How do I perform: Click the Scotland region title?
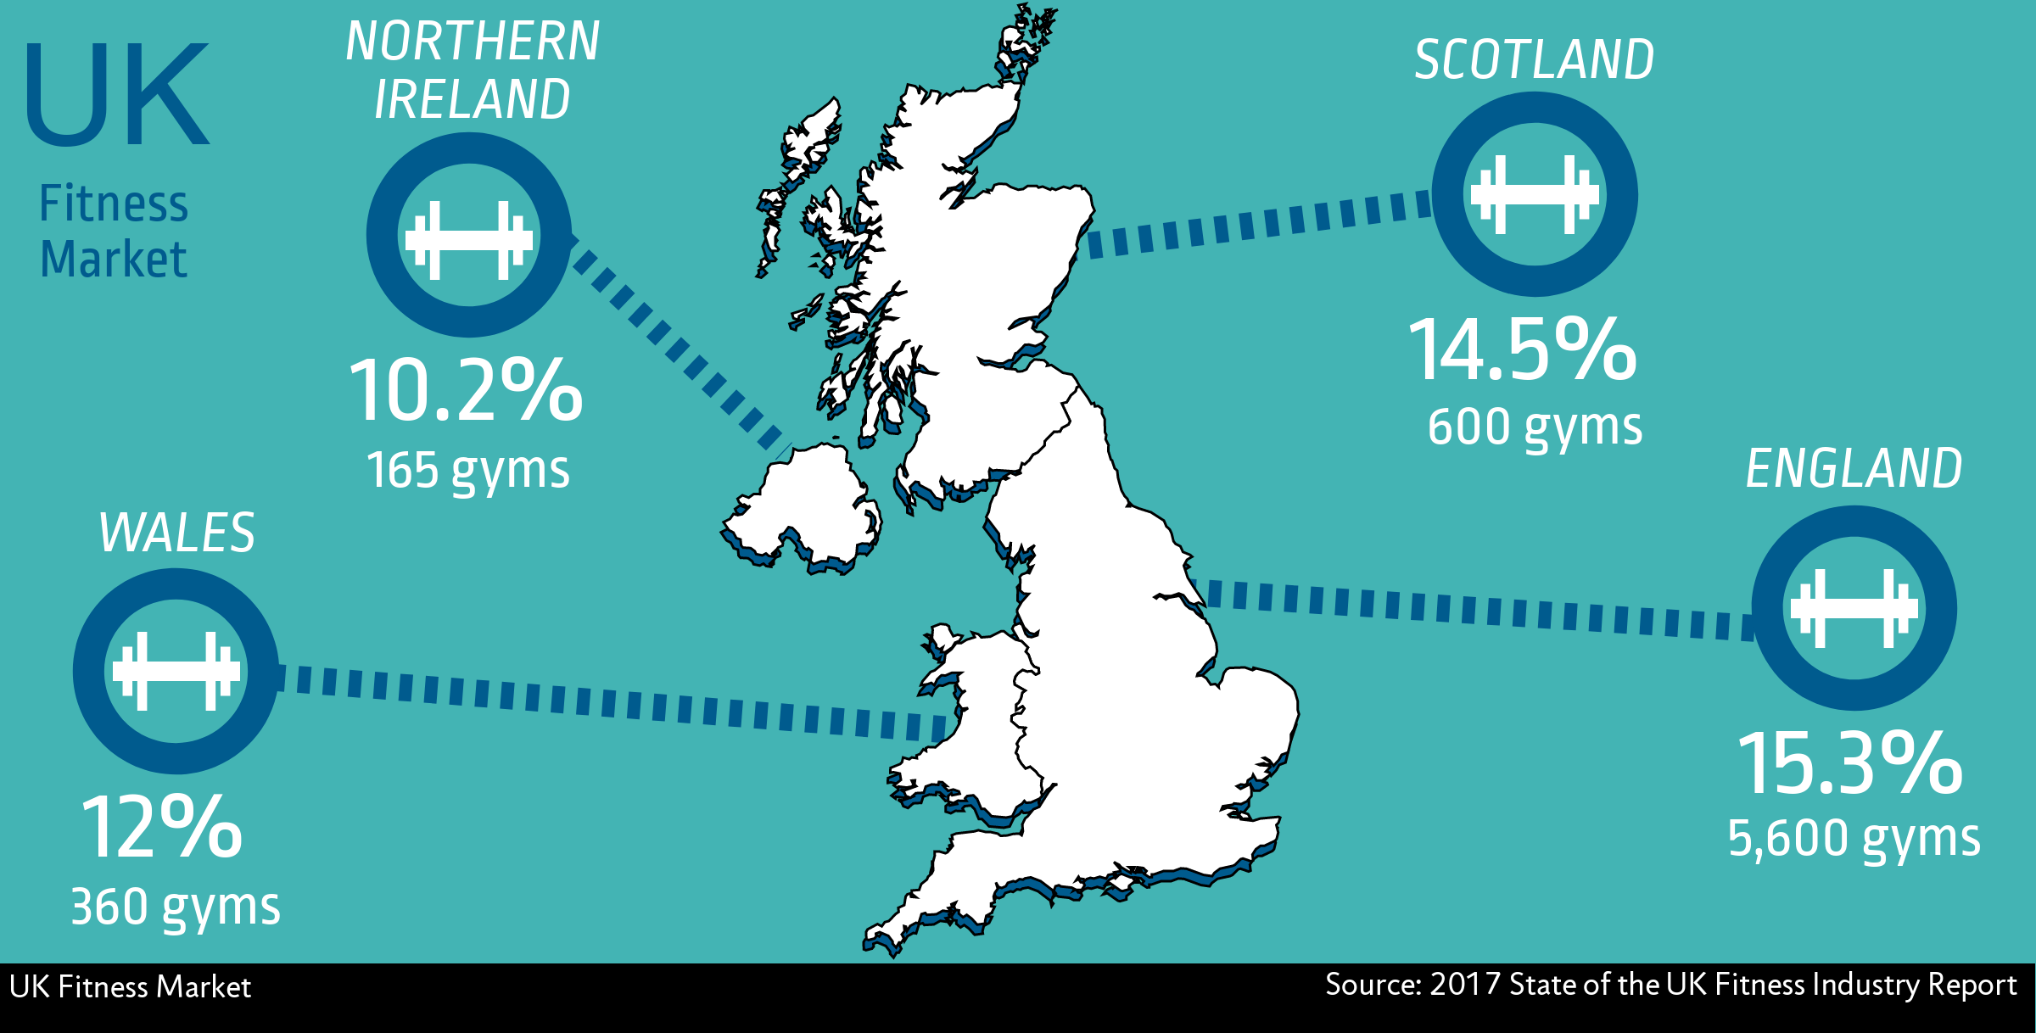[1534, 61]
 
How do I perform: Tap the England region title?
[1854, 469]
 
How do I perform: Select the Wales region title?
[176, 533]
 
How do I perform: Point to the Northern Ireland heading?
[473, 70]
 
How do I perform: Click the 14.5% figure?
[1523, 350]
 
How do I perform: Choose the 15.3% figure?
[1849, 764]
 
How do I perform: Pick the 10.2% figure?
[466, 391]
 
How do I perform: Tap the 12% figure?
[161, 828]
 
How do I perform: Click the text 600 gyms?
[1535, 427]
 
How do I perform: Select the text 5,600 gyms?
[1854, 838]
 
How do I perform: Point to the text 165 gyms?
[467, 470]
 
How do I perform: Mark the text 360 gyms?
[175, 907]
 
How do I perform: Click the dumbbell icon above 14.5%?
[1535, 194]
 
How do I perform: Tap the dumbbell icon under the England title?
[1854, 608]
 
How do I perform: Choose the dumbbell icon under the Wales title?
[176, 671]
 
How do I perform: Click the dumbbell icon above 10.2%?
[468, 240]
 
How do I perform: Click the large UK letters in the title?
[117, 95]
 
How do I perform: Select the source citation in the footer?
[1670, 985]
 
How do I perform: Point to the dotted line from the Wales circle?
[611, 701]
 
